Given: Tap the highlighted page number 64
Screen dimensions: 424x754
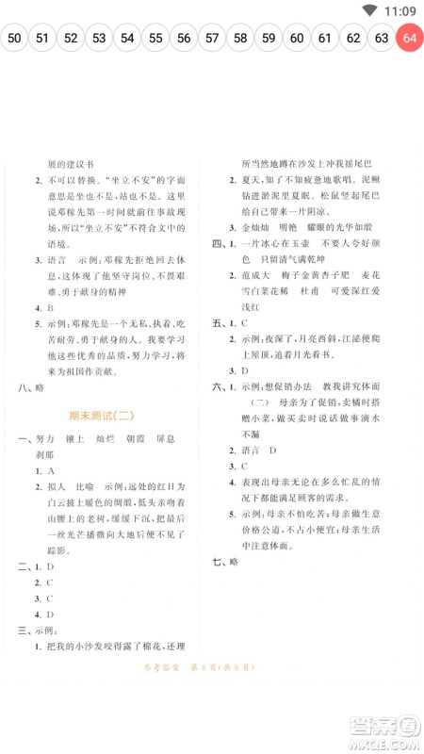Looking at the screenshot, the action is click(x=409, y=39).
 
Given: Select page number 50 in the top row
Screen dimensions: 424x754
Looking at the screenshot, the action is click(x=14, y=39).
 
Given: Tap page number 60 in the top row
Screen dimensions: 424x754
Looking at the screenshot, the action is click(x=297, y=39).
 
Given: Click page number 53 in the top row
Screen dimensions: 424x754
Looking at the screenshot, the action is click(x=99, y=39).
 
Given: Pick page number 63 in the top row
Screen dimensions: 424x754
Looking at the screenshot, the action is click(x=382, y=39).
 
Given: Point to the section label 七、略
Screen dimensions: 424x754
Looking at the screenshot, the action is click(x=226, y=562).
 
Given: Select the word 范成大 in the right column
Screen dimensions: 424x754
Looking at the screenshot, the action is click(x=257, y=275).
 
